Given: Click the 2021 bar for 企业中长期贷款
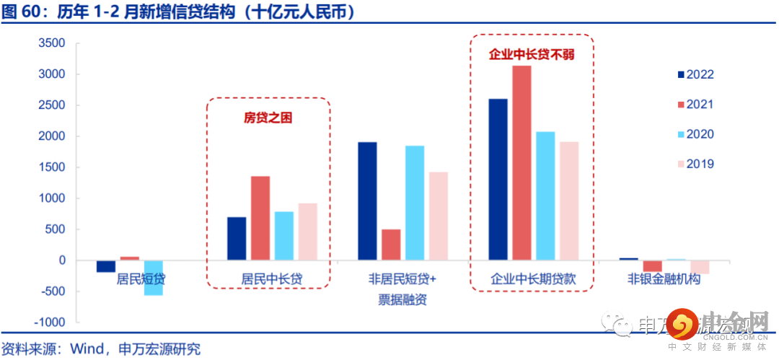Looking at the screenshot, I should pos(521,162).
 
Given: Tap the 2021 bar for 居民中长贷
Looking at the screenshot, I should pos(260,218).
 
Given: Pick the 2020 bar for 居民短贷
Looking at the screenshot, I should pos(153,278).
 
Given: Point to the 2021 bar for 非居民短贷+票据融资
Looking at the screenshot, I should pos(391,245).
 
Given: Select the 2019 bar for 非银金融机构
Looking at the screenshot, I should pos(700,267).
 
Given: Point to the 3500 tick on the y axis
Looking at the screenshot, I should pos(51,43).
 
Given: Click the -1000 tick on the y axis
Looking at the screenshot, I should pos(49,322).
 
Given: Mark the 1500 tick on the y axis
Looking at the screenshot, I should pos(51,167).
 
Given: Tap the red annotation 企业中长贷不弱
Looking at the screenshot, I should pos(532,55).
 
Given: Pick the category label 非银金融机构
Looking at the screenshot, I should pos(664,279).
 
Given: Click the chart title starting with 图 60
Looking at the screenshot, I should pos(180,12).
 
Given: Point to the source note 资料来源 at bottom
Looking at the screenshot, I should pos(101,349).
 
